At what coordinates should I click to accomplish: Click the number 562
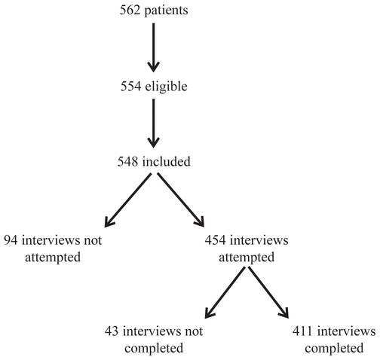tap(130, 11)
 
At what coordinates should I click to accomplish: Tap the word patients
tap(166, 11)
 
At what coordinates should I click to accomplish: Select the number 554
tap(130, 87)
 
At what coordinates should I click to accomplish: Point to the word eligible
tap(167, 87)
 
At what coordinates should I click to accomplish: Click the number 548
tap(127, 161)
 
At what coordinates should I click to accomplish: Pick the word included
tap(167, 161)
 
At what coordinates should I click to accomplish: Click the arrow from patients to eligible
tap(153, 47)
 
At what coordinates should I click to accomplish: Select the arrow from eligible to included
tap(153, 123)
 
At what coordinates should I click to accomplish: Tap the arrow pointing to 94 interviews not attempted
tap(128, 200)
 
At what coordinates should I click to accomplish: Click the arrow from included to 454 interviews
tap(181, 200)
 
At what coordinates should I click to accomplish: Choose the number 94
tap(11, 240)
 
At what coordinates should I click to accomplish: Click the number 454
tap(215, 240)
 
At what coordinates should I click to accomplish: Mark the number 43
tap(112, 331)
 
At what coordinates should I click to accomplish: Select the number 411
tap(302, 331)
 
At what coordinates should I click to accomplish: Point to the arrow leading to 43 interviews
tap(225, 292)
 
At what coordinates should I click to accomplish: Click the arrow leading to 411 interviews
tap(268, 292)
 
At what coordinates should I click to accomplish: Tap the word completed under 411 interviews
tap(334, 349)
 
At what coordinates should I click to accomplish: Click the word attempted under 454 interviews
tap(247, 258)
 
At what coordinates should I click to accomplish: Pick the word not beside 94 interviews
tap(93, 240)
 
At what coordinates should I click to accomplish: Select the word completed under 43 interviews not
tap(154, 349)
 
